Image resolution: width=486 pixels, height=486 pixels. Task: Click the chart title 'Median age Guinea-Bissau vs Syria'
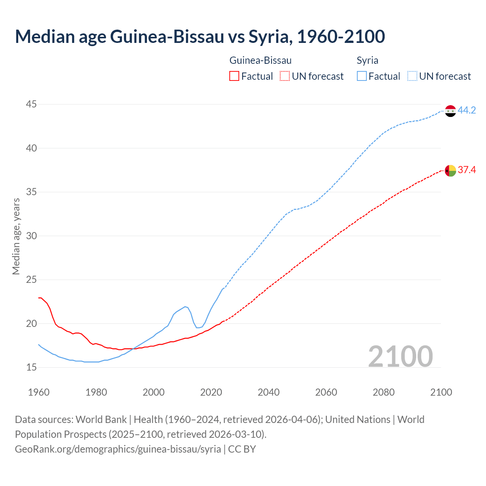click(x=200, y=36)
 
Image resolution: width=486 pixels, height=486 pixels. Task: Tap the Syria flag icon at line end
click(x=450, y=111)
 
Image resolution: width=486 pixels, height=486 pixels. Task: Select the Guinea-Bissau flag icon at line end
click(x=450, y=170)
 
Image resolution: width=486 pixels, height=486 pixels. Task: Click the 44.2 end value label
click(x=467, y=110)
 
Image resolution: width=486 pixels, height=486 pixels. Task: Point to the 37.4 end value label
click(x=467, y=170)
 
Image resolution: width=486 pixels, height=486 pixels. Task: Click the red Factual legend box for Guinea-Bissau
click(x=234, y=76)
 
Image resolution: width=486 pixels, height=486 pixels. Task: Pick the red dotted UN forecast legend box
click(x=285, y=76)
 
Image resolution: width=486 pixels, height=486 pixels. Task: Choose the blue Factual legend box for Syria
click(x=362, y=76)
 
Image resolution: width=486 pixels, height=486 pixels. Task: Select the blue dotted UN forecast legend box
click(x=412, y=76)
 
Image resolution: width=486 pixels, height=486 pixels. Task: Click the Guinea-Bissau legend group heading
click(x=260, y=60)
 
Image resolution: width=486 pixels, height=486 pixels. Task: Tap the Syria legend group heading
click(x=367, y=60)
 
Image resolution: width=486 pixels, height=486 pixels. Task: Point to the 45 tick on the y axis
click(x=32, y=104)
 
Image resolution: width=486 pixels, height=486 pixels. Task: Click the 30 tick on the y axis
click(x=32, y=236)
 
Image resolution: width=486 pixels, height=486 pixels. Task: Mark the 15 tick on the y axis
click(x=32, y=368)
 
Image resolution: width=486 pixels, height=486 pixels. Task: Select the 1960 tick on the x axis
click(x=39, y=392)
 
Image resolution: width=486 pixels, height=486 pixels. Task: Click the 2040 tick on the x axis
click(x=268, y=392)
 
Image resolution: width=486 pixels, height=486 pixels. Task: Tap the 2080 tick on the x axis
click(x=383, y=392)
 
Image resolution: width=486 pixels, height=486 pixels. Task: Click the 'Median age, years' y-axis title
click(x=16, y=236)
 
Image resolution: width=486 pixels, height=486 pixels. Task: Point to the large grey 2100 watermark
click(x=400, y=356)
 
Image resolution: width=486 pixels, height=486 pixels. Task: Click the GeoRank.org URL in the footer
click(x=118, y=449)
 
